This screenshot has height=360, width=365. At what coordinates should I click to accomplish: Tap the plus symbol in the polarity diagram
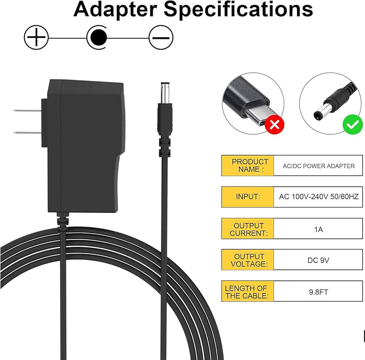(x=36, y=38)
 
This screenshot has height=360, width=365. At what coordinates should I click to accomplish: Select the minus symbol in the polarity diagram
(x=161, y=38)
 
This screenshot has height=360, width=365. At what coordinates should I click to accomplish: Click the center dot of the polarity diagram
(x=98, y=38)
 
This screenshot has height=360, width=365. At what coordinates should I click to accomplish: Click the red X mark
(x=274, y=125)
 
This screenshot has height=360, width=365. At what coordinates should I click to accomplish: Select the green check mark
(x=352, y=125)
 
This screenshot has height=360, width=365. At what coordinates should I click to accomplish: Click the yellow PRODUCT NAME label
(x=248, y=165)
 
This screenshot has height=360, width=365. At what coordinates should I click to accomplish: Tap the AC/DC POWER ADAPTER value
(x=318, y=166)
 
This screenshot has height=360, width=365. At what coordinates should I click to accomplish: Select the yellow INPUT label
(x=248, y=197)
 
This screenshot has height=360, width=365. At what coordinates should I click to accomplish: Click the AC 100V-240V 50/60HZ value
(x=318, y=197)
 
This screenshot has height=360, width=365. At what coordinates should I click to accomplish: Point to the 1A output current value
(x=318, y=229)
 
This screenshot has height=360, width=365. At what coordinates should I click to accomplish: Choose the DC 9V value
(x=318, y=260)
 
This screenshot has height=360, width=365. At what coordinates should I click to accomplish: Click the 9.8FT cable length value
(x=318, y=291)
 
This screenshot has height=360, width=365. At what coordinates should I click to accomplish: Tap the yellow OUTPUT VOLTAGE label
(x=248, y=260)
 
